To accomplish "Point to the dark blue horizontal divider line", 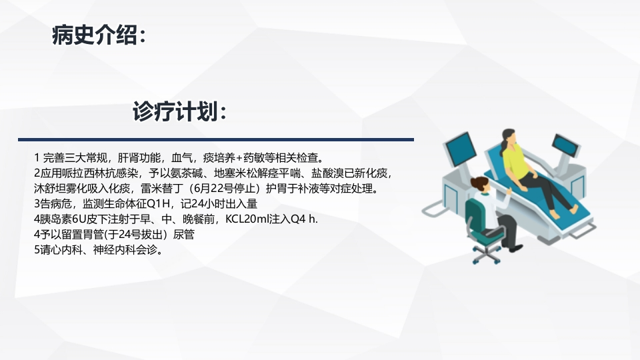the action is coord(216,139).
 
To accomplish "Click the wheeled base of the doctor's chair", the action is coord(487,254).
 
